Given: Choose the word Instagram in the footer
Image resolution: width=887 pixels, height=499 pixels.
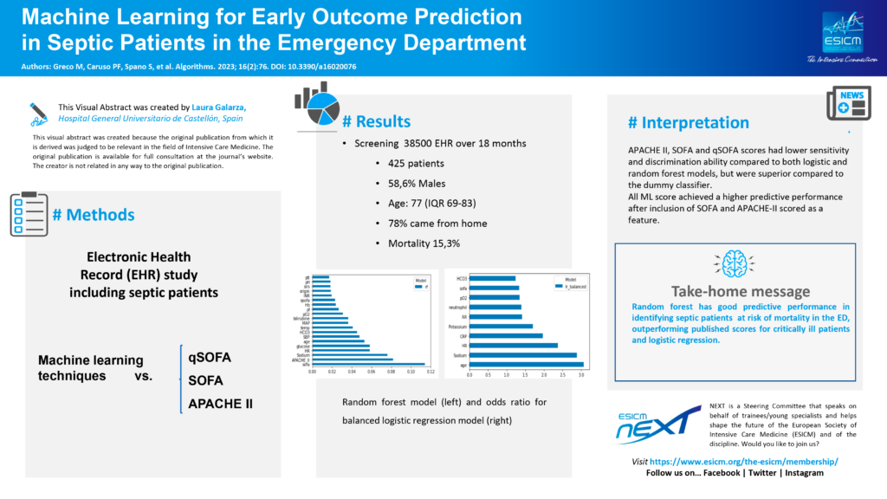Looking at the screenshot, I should tap(801, 473).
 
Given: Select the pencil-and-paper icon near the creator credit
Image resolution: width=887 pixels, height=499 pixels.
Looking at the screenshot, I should tap(39, 112).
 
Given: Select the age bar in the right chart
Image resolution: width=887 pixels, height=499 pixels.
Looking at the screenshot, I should tap(526, 366).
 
